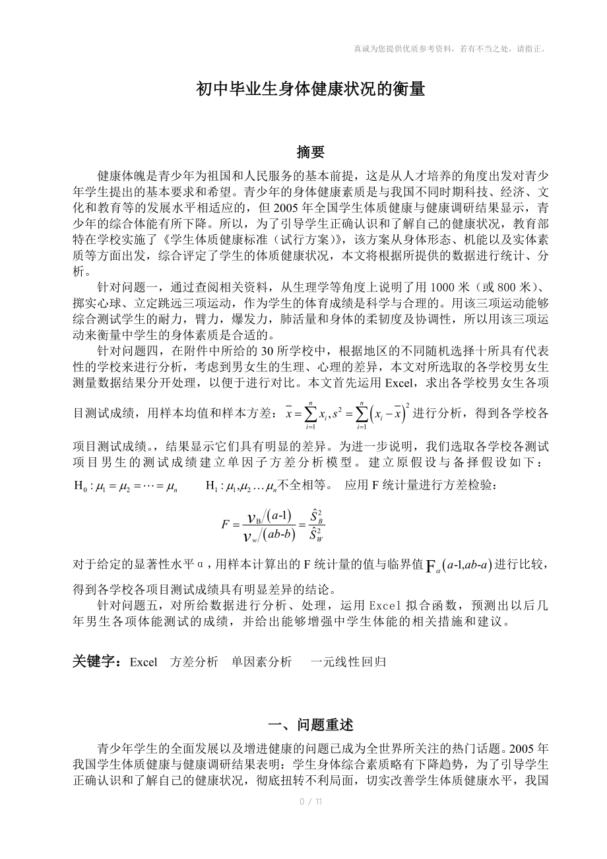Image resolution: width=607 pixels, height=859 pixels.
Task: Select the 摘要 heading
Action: pyautogui.click(x=310, y=152)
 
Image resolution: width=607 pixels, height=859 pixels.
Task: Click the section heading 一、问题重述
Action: pyautogui.click(x=310, y=725)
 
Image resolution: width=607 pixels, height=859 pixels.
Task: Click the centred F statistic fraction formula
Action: pyautogui.click(x=273, y=525)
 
